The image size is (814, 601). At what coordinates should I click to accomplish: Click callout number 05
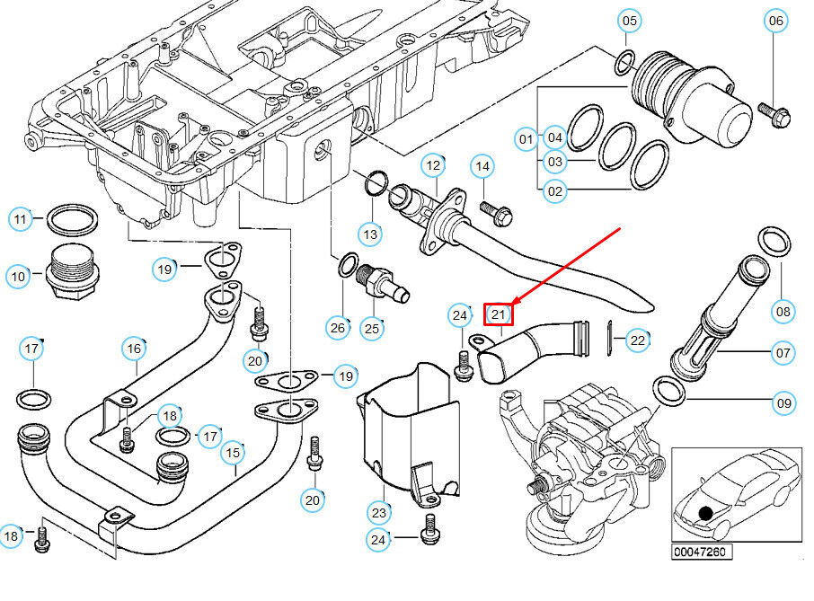click(x=629, y=21)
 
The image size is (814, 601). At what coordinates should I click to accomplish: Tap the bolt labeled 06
click(x=774, y=115)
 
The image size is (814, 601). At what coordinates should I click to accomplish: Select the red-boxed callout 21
click(x=499, y=314)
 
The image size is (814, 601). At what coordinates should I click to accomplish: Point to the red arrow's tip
click(x=512, y=305)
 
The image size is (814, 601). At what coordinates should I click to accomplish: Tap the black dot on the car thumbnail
click(x=705, y=513)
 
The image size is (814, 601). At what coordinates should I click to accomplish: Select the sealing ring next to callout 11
click(x=72, y=219)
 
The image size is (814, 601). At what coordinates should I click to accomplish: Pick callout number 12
click(x=433, y=166)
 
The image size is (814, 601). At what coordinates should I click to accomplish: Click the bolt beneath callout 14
click(x=496, y=213)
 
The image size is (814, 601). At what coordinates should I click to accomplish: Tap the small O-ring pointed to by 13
click(x=376, y=183)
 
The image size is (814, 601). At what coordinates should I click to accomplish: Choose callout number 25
click(x=372, y=329)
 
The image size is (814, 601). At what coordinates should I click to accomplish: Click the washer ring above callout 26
click(x=348, y=265)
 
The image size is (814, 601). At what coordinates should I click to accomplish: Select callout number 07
click(x=783, y=353)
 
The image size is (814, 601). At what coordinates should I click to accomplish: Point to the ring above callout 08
click(x=774, y=243)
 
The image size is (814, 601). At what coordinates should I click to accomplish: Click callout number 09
click(x=783, y=403)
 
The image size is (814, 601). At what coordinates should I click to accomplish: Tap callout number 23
click(x=379, y=513)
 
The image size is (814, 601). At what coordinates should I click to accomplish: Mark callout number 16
click(x=134, y=349)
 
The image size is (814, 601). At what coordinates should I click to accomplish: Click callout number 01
click(x=526, y=139)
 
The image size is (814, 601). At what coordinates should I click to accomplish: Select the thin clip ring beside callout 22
click(x=610, y=339)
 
